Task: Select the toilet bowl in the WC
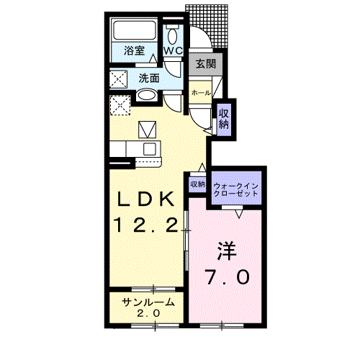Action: (173, 36)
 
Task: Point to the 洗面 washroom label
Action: (148, 77)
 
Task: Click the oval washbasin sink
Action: (146, 96)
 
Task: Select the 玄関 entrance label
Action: (205, 64)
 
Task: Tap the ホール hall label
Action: (201, 93)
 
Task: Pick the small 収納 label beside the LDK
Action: (198, 184)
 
